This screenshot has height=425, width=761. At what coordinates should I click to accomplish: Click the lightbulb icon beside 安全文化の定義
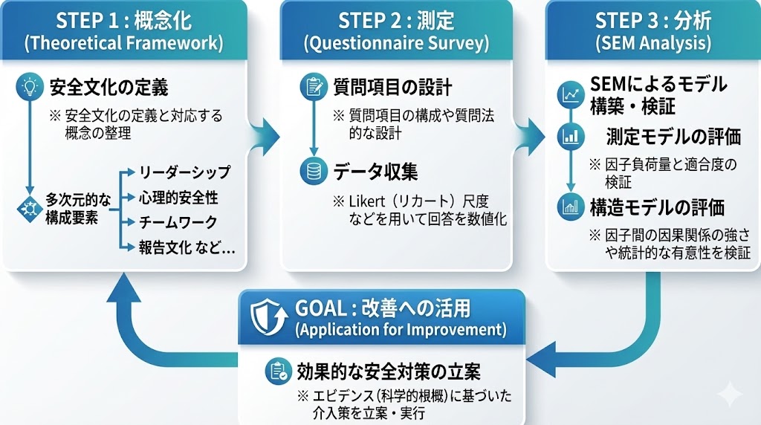[30, 87]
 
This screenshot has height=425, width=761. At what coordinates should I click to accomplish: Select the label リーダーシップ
[184, 173]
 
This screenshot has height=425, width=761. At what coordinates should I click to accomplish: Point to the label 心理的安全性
[178, 198]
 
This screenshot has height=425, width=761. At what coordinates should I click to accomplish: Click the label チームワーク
[178, 222]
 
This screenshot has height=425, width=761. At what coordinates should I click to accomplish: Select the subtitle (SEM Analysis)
[653, 42]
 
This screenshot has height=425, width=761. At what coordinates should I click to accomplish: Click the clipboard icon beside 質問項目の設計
[310, 87]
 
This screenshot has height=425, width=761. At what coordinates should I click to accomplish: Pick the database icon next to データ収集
[310, 171]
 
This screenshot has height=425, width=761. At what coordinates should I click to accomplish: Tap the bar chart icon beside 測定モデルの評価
[571, 136]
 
